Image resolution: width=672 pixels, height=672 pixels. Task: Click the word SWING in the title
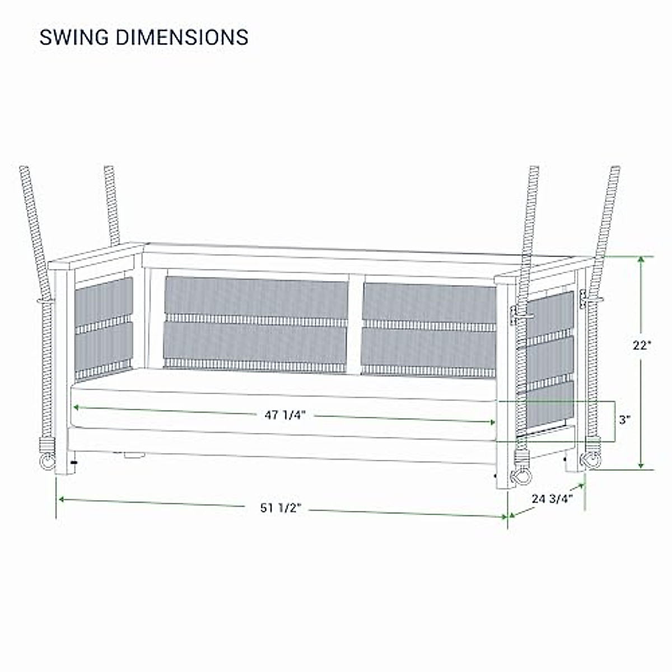click(x=73, y=38)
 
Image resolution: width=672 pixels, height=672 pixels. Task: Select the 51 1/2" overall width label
click(x=281, y=508)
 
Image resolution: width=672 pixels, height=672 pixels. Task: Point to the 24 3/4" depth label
click(x=553, y=498)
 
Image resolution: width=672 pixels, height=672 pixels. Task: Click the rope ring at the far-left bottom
click(x=47, y=463)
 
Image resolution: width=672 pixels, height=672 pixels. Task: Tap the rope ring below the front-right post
click(x=521, y=476)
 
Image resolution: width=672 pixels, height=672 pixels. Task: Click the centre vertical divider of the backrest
click(x=355, y=324)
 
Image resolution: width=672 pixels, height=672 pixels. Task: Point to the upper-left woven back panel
click(x=255, y=297)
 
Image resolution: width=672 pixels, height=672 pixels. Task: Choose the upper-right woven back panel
click(x=428, y=302)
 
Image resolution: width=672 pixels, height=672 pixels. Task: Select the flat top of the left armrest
click(x=98, y=256)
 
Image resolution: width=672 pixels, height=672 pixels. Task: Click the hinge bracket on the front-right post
click(x=514, y=315)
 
